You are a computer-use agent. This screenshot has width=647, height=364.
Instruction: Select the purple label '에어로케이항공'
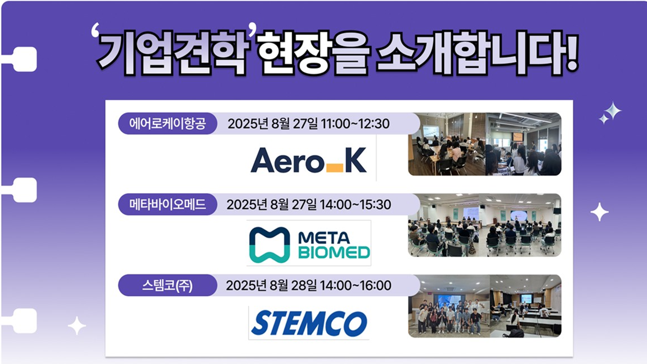click(167, 124)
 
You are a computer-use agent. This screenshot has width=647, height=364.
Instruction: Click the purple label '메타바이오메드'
click(167, 205)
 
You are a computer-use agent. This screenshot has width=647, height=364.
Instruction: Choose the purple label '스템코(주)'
click(167, 286)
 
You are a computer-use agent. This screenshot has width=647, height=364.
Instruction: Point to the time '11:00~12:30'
click(355, 124)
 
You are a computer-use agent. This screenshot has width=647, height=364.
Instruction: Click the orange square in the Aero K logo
click(335, 168)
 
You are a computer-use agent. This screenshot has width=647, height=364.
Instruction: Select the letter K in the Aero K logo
click(356, 160)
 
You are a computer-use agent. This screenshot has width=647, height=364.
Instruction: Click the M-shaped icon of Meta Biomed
click(269, 244)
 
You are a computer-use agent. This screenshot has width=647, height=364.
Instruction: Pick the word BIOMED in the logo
click(334, 252)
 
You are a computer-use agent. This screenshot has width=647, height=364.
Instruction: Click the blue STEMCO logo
click(309, 323)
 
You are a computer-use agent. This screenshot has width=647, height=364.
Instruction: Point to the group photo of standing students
click(449, 306)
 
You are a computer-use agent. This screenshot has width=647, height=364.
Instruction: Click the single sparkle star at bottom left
click(77, 326)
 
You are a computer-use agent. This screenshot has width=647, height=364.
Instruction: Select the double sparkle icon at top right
click(610, 113)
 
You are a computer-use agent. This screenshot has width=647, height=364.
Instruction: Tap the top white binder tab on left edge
click(21, 59)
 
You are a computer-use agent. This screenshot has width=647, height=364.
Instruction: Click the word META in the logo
click(324, 238)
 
